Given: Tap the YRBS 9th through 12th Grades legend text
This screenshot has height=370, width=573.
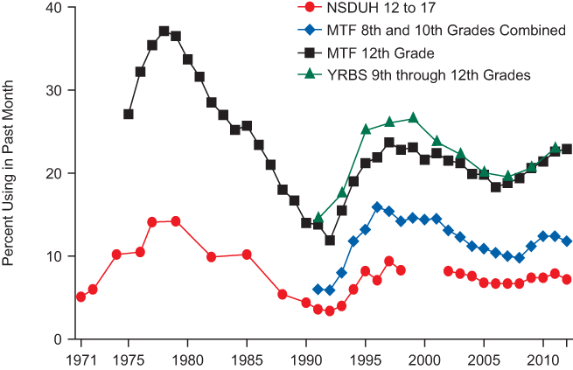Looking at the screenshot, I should click(429, 75).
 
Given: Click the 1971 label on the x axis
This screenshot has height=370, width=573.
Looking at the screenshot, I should click(80, 359).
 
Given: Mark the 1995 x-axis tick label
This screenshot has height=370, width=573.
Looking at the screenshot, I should click(366, 359).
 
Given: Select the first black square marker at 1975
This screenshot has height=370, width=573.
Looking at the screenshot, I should click(129, 114).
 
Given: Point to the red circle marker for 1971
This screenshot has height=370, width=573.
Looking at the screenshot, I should click(81, 297).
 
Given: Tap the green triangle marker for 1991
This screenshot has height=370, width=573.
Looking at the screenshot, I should click(318, 218).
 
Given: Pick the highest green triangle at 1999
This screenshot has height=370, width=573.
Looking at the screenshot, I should click(413, 117).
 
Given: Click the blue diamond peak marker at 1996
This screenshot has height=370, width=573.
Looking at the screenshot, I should click(377, 207).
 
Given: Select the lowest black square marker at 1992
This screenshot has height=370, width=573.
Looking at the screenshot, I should click(330, 240).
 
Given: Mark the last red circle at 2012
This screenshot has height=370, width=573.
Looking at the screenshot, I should click(567, 279).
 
